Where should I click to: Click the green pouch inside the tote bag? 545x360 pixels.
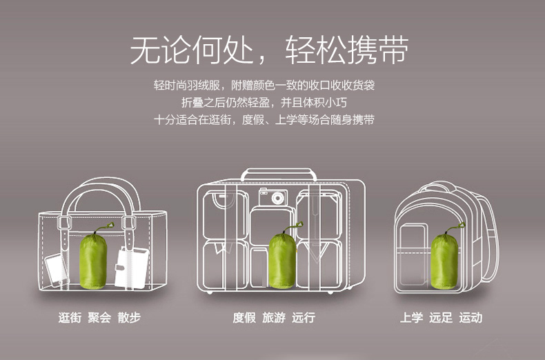[x=93, y=261]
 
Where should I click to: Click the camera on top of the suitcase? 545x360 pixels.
[x=272, y=197]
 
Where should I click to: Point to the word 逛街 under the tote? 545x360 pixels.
[x=70, y=318]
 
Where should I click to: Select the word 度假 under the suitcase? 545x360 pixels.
[x=244, y=318]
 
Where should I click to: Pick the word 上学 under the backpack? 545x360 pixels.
[x=411, y=318]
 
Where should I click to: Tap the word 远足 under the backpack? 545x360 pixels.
[x=441, y=318]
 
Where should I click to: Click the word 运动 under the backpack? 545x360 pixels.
[x=470, y=318]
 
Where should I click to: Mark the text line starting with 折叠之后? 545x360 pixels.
[x=264, y=102]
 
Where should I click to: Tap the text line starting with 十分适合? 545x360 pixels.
[x=264, y=119]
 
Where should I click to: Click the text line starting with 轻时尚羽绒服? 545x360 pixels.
[x=264, y=86]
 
